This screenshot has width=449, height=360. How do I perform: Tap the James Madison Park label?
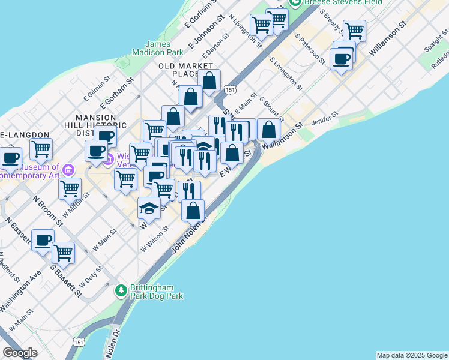tap(164, 48)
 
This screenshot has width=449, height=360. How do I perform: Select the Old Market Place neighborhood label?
tap(185, 70)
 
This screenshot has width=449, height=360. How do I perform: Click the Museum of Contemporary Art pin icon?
tap(68, 169)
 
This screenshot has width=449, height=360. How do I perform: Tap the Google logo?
tap(20, 352)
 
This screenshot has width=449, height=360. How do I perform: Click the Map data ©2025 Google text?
tap(412, 355)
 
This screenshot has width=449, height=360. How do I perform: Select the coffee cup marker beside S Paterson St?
tap(341, 59)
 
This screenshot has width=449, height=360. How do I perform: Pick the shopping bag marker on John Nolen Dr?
tap(193, 211)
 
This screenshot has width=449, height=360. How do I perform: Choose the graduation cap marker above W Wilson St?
tap(149, 208)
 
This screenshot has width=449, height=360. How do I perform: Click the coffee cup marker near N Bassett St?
tap(43, 240)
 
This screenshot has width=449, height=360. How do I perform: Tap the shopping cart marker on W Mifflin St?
tap(70, 188)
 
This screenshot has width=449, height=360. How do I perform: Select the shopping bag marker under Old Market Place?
tap(209, 80)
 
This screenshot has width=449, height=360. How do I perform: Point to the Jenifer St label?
tap(325, 121)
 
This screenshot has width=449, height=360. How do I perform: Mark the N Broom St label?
tap(47, 211)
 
